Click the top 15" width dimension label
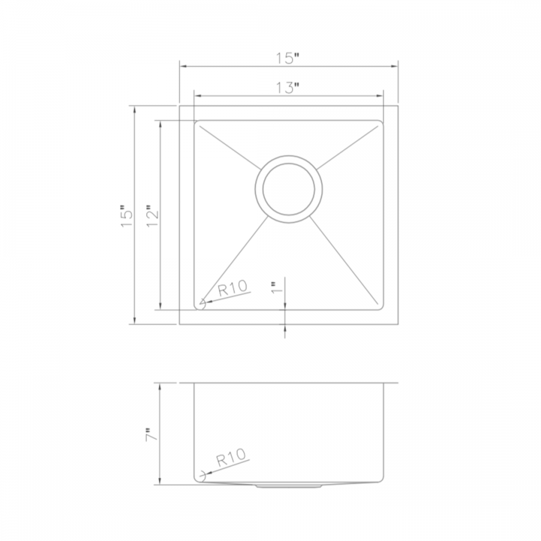288,58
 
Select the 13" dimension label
288,88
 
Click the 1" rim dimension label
276,289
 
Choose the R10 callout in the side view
231,460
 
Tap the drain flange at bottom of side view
289,484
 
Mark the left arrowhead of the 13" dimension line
197,95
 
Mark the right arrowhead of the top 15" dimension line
395,66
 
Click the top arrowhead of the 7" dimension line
160,387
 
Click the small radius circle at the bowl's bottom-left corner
202,305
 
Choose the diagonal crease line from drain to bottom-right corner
346,258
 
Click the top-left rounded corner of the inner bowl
197,124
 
